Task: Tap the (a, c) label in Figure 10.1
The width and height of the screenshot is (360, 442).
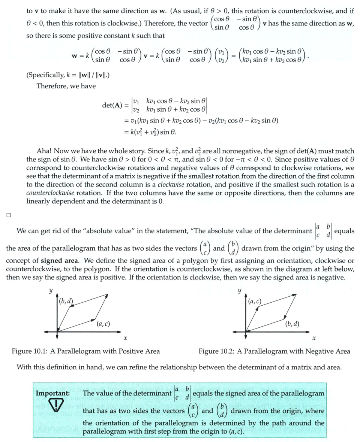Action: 103,323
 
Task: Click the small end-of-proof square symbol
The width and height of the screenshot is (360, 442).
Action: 9,215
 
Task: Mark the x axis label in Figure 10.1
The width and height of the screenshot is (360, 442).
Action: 125,338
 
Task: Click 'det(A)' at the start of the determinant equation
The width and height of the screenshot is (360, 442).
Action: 112,105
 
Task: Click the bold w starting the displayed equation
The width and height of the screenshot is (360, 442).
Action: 75,56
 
